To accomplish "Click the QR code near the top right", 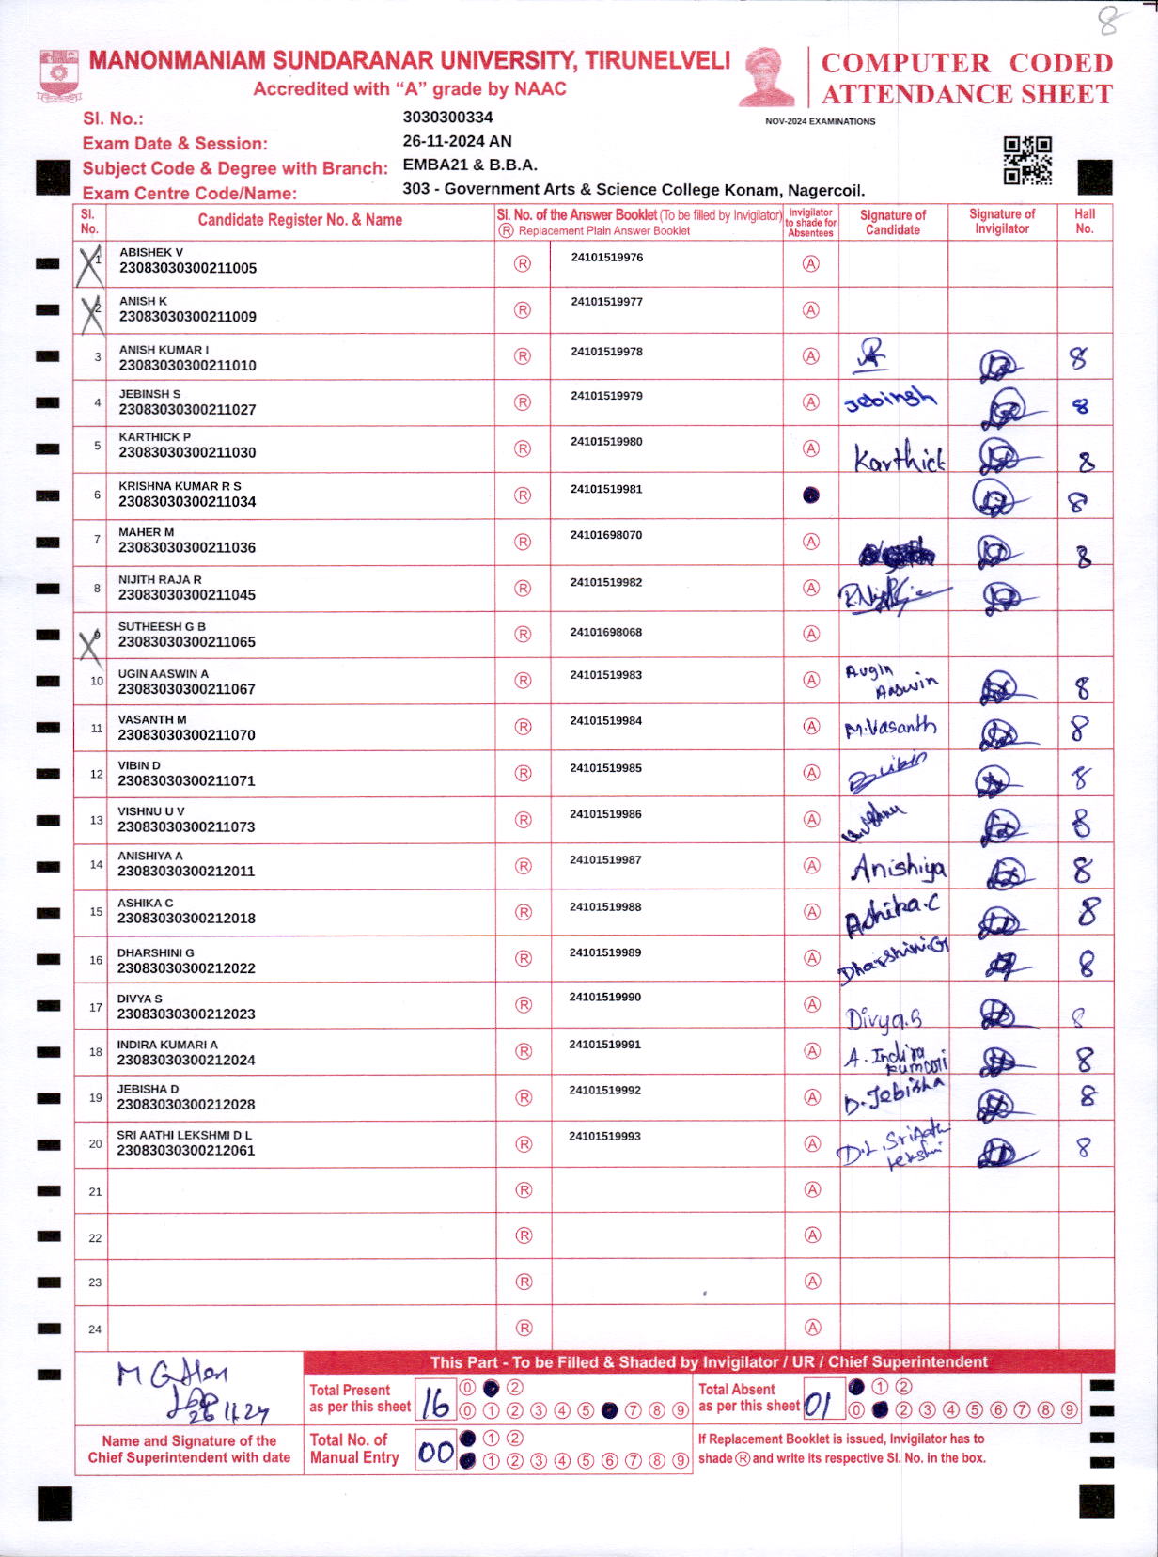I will click(1026, 160).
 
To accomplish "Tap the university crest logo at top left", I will click(59, 74).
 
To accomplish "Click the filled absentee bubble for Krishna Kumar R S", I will click(811, 495).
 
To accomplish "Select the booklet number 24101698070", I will click(606, 535).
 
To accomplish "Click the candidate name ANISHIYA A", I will click(150, 856).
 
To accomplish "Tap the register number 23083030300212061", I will click(186, 1150).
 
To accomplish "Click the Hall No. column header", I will click(1085, 221).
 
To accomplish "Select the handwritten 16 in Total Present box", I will click(434, 1404).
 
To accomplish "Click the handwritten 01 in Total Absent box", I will click(817, 1404).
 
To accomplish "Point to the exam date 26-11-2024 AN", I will click(457, 141).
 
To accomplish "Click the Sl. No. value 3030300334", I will click(447, 117).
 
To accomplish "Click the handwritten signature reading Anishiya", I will click(899, 868).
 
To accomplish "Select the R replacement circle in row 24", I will click(524, 1328).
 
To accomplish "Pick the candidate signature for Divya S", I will click(884, 1018).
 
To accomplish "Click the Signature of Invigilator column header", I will click(1002, 221).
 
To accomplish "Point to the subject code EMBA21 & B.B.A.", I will click(470, 165).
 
